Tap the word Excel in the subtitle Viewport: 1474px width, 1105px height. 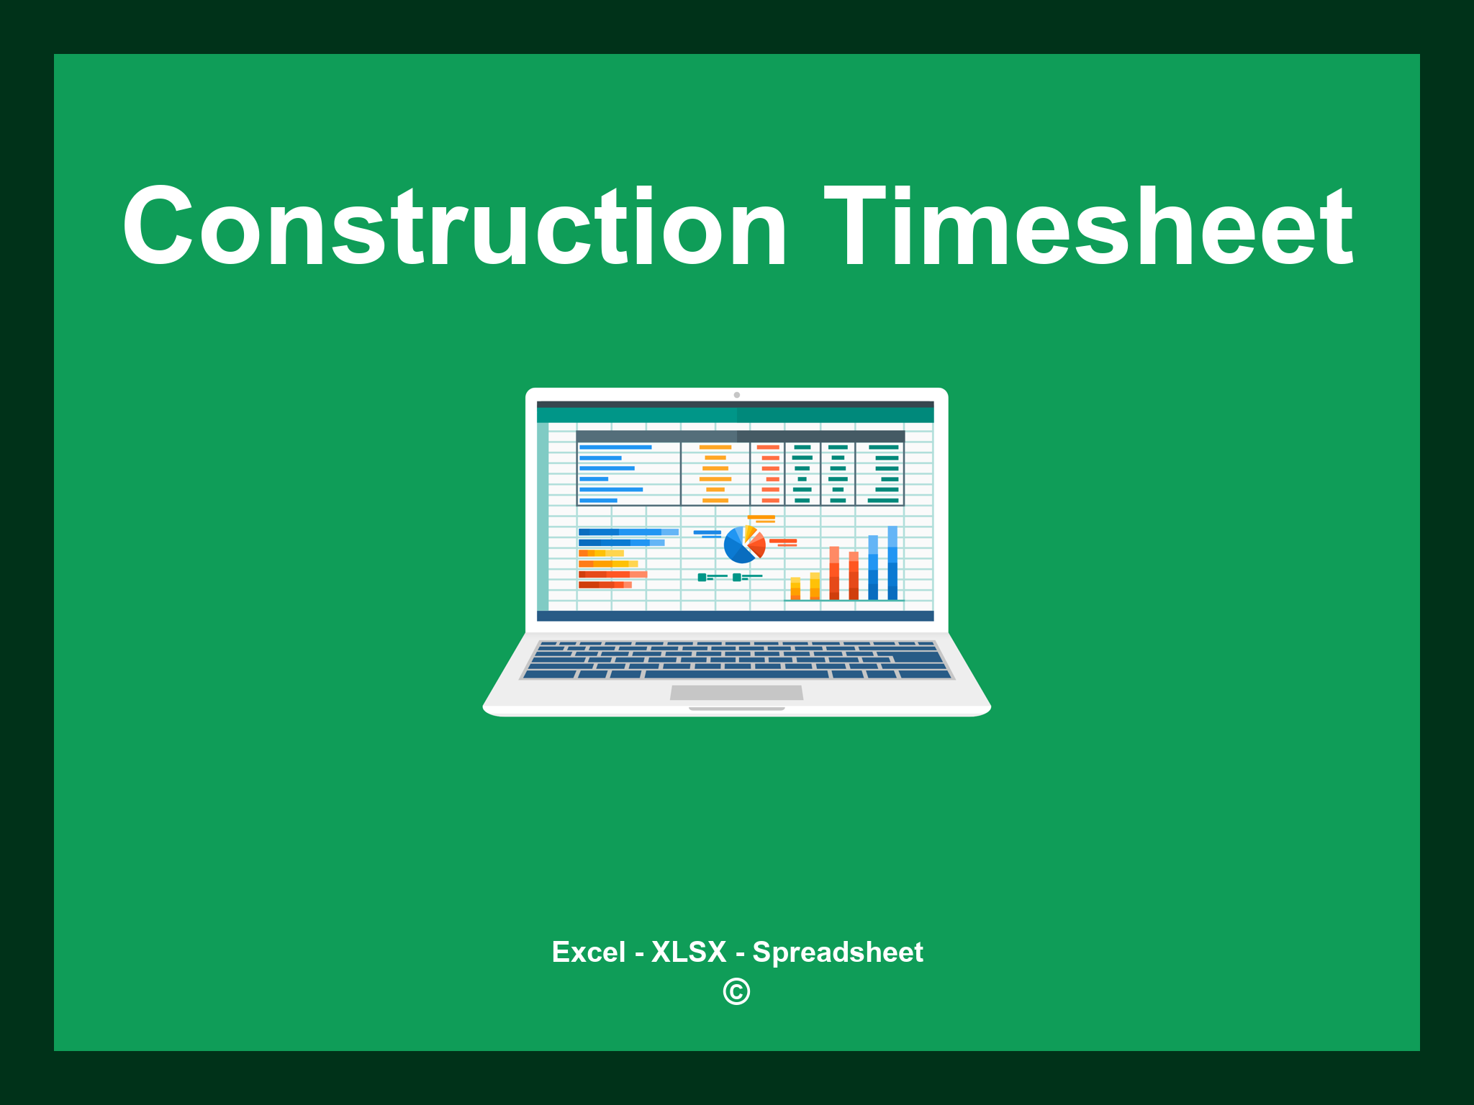point(588,952)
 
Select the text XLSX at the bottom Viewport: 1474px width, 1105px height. point(689,952)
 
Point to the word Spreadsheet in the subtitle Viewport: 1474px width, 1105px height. point(837,952)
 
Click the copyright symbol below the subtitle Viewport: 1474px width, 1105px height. point(736,992)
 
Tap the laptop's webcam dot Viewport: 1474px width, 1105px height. point(736,395)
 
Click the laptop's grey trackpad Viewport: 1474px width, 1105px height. point(736,692)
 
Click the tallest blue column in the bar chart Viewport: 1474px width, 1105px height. point(892,563)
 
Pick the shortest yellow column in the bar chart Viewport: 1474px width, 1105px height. point(795,588)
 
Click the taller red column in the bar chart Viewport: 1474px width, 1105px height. point(834,573)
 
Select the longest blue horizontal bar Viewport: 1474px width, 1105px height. point(628,532)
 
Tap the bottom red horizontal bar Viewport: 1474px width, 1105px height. point(605,585)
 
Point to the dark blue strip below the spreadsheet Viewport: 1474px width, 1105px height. point(735,616)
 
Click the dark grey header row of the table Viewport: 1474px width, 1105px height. point(740,436)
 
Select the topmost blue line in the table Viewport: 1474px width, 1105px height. point(615,447)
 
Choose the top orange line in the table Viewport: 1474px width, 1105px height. point(715,447)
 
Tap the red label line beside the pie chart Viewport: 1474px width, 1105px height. point(782,541)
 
